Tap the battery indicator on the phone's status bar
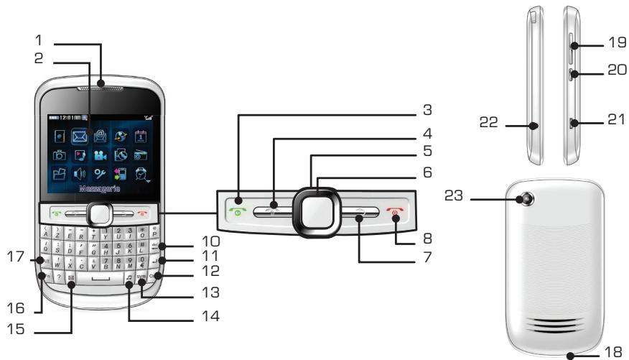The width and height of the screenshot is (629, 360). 52,117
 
